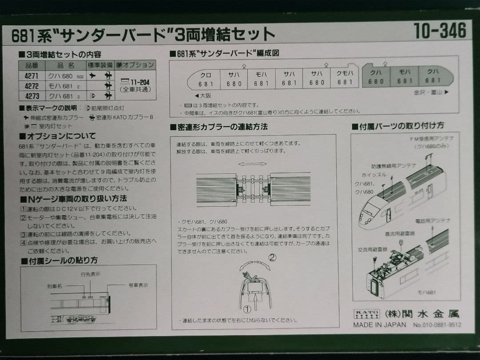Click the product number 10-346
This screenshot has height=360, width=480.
[x=440, y=31]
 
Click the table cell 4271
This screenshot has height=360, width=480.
[x=32, y=76]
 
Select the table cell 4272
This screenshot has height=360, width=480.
[x=32, y=86]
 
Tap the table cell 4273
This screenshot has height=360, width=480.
[x=32, y=96]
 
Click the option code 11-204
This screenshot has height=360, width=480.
[x=136, y=82]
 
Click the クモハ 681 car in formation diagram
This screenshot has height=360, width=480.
[x=344, y=79]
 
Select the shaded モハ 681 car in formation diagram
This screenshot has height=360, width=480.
[x=404, y=76]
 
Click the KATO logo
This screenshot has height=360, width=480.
[x=367, y=314]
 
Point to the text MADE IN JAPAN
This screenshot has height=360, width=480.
[x=380, y=325]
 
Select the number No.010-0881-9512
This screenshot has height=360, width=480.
[x=437, y=325]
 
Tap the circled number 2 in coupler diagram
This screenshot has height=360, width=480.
[x=272, y=257]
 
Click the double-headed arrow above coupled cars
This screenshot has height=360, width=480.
[x=252, y=164]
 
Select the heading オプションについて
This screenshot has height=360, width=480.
[x=57, y=136]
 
